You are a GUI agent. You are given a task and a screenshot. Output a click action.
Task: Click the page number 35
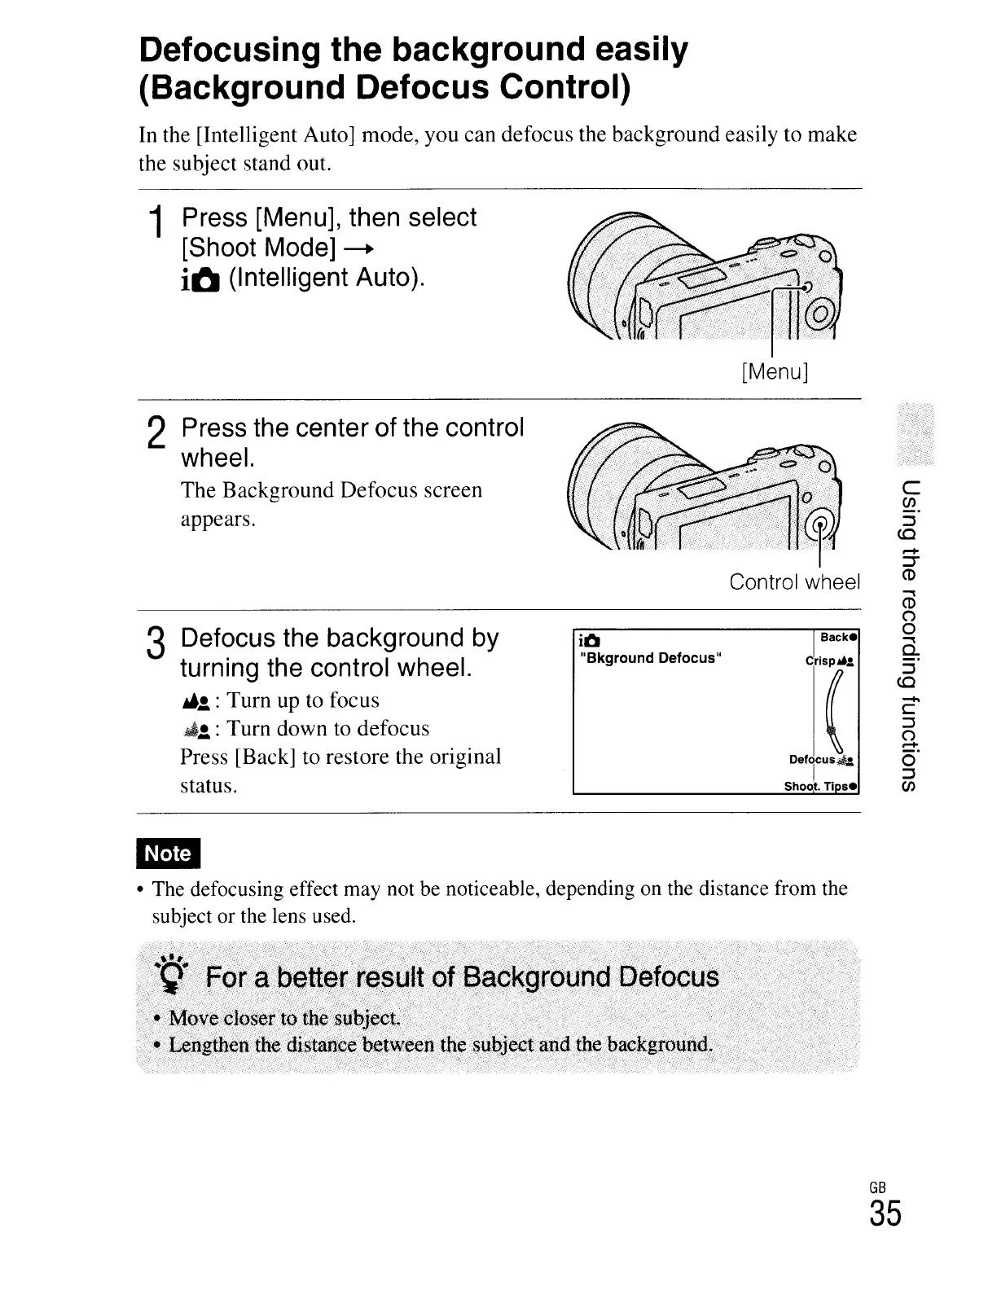[885, 1214]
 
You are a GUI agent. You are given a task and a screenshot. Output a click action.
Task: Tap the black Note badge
[169, 853]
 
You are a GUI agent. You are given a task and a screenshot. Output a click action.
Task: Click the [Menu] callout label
[775, 372]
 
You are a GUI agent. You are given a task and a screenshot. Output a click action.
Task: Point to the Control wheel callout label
[794, 582]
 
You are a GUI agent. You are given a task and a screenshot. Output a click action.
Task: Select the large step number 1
[155, 226]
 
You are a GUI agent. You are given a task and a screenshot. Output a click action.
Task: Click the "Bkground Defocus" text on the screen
[650, 658]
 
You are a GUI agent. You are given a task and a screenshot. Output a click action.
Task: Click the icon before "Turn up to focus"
[199, 701]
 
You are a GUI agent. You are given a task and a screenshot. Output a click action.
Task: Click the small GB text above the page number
[877, 1186]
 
